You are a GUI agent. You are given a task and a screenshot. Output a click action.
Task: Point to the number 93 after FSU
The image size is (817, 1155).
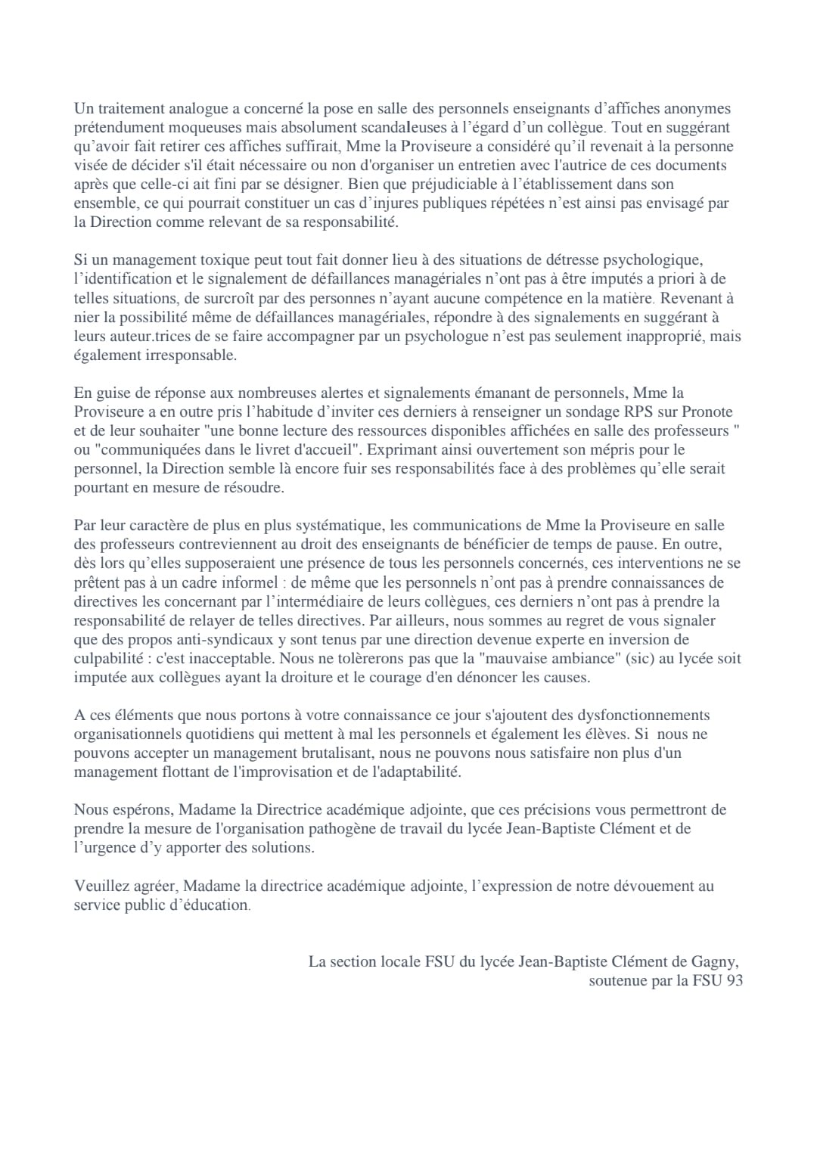click(x=734, y=981)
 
